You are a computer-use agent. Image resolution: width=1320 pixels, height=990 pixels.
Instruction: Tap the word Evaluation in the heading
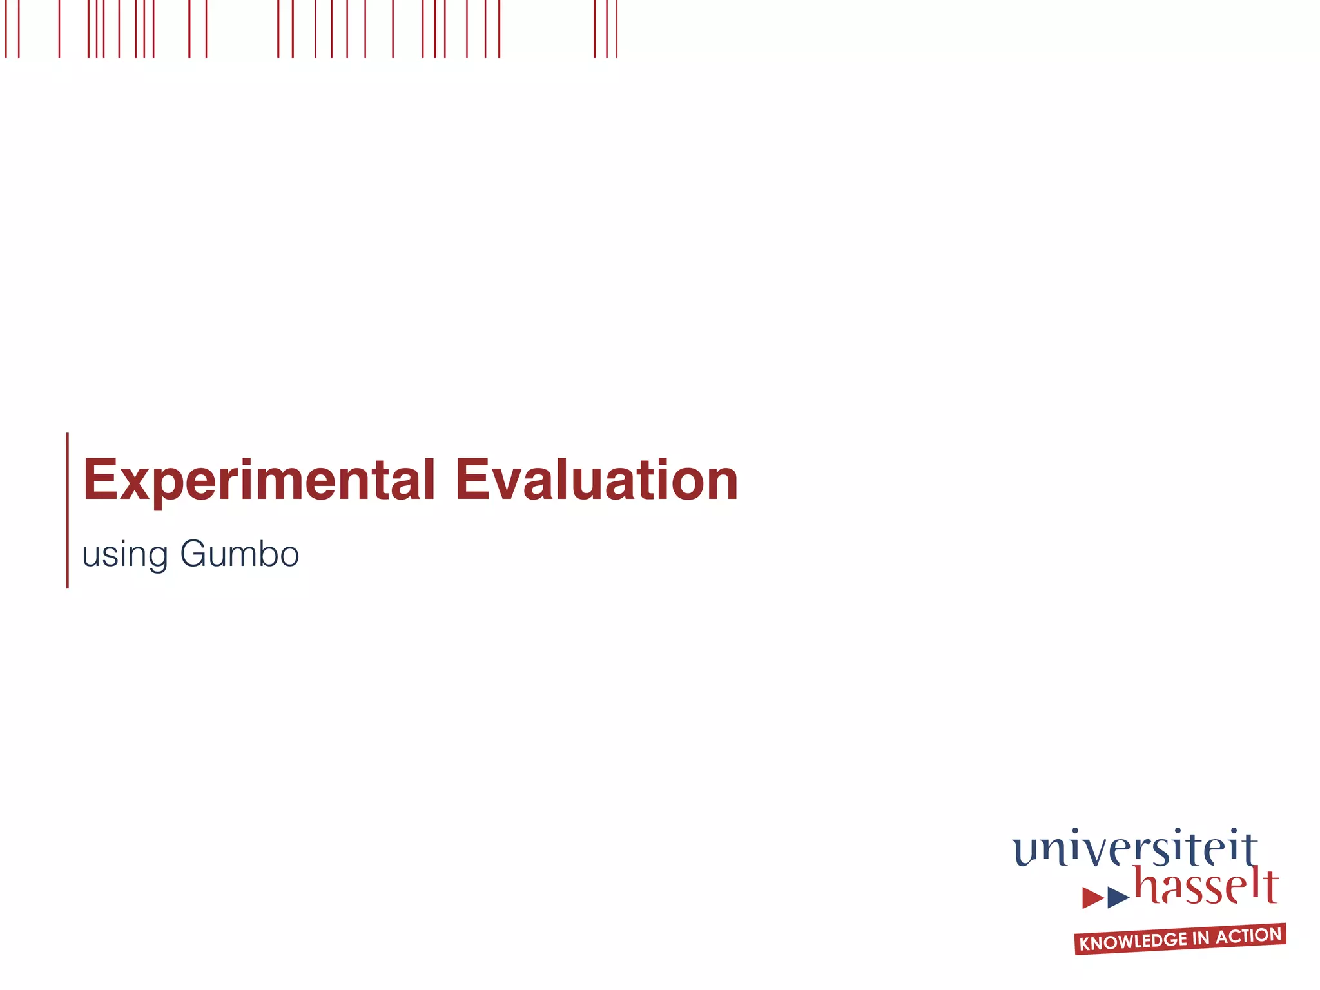click(596, 480)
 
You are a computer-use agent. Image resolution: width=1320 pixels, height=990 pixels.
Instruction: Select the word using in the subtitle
click(125, 555)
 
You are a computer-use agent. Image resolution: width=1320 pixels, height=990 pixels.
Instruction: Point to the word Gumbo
click(240, 554)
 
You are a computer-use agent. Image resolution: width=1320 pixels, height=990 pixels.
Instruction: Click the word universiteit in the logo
click(1134, 849)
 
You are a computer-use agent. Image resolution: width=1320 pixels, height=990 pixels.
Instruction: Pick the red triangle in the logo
click(1092, 897)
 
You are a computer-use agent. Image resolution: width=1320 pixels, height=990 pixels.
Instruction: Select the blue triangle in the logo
click(1118, 897)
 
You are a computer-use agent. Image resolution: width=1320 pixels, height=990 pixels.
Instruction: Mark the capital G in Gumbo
click(194, 554)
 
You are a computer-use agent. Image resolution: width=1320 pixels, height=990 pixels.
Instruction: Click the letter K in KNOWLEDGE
click(1085, 945)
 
